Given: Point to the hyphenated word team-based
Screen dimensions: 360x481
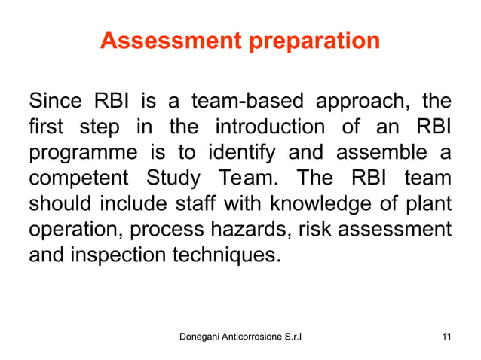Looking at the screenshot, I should (236, 101).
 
